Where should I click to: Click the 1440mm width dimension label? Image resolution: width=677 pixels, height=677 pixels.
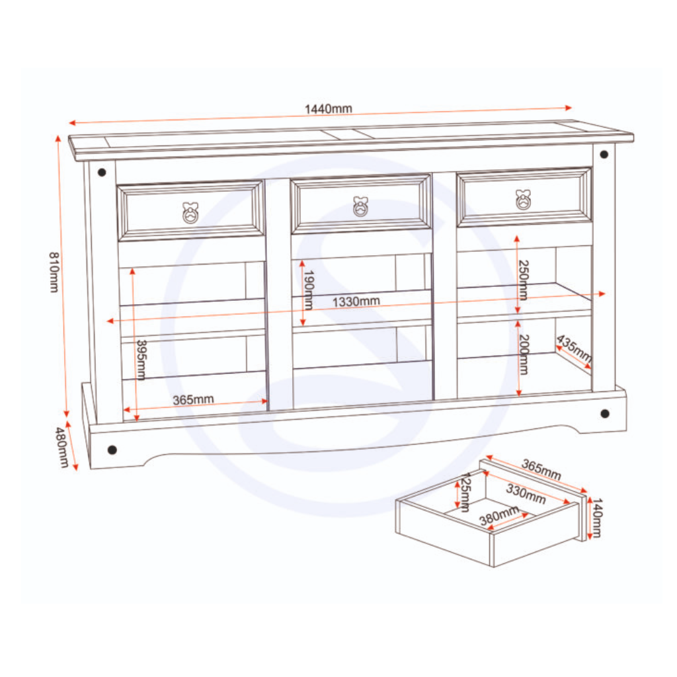(329, 109)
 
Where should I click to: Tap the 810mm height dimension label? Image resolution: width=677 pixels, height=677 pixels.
(54, 272)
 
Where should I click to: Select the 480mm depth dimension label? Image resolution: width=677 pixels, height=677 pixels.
(62, 448)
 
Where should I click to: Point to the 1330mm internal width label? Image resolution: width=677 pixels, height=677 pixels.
(356, 301)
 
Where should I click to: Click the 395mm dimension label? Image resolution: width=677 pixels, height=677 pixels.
(141, 360)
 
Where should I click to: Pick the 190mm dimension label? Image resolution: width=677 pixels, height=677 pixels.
(308, 290)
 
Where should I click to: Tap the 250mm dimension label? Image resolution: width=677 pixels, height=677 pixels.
(524, 280)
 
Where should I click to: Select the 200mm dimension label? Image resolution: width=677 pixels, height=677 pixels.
(524, 354)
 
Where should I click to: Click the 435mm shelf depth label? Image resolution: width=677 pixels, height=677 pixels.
(574, 348)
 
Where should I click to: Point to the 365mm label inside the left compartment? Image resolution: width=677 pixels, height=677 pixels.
(194, 400)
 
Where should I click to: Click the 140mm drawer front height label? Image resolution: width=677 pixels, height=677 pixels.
(597, 518)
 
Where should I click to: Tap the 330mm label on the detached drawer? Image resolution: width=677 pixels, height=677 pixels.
(526, 494)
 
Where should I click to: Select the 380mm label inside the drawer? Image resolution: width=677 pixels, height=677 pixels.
(499, 516)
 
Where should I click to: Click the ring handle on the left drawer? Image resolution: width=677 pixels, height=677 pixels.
(190, 213)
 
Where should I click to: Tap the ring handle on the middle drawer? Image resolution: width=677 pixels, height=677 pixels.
(360, 206)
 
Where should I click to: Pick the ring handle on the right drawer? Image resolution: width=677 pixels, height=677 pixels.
(523, 200)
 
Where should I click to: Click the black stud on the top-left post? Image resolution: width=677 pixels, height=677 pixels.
(102, 173)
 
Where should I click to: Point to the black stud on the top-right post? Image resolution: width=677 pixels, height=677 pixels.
(604, 154)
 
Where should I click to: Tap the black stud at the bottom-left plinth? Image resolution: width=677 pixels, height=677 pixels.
(112, 450)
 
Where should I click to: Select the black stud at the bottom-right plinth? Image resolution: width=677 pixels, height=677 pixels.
(605, 414)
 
